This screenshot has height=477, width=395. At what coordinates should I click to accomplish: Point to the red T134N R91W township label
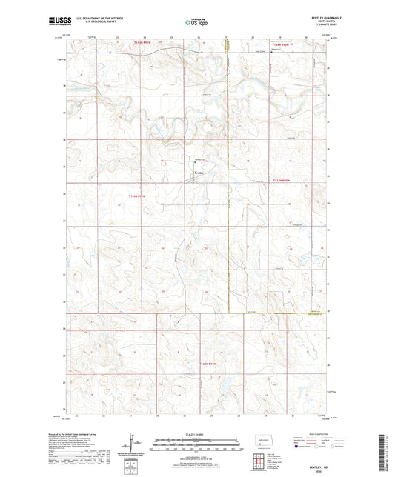(x=142, y=43)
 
